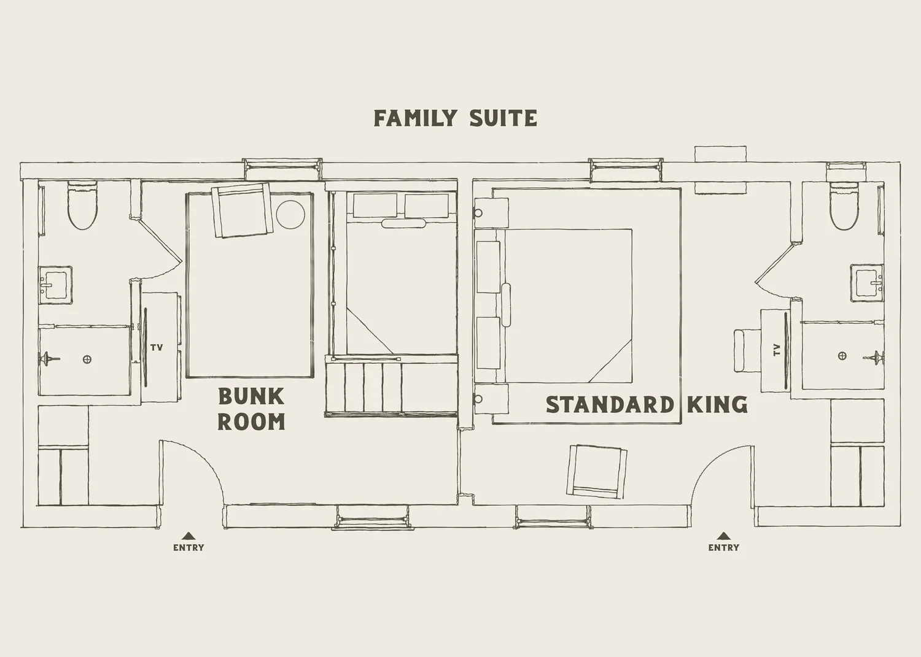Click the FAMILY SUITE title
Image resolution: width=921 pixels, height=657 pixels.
[x=455, y=118]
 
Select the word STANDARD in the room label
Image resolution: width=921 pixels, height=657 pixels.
[x=609, y=405]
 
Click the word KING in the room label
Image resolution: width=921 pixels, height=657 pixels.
[x=717, y=405]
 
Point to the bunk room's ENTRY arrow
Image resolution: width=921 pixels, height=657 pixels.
[x=188, y=536]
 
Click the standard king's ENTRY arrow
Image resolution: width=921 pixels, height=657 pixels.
[x=724, y=536]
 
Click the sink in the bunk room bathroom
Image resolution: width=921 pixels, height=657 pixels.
[x=55, y=284]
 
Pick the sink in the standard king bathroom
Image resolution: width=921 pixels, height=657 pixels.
[x=867, y=283]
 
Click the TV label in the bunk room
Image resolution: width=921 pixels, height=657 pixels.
[x=157, y=348]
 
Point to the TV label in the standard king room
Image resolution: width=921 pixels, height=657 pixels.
[x=777, y=350]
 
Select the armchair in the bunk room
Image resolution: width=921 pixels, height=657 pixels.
[x=242, y=210]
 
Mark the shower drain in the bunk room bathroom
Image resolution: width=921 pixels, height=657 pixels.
[x=88, y=359]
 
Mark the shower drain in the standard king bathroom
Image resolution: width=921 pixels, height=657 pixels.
[x=842, y=356]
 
